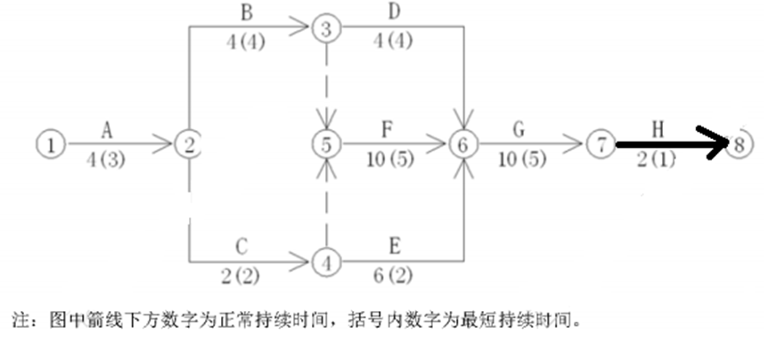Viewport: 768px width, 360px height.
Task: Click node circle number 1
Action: tap(53, 143)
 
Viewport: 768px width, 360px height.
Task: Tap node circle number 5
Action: tap(327, 143)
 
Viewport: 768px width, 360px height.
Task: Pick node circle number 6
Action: tap(462, 143)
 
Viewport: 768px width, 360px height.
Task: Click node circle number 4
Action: tap(327, 262)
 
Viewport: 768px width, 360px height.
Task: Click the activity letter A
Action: tap(106, 130)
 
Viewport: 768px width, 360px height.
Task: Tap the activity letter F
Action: tap(386, 130)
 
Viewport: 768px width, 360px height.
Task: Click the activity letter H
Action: tap(658, 130)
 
